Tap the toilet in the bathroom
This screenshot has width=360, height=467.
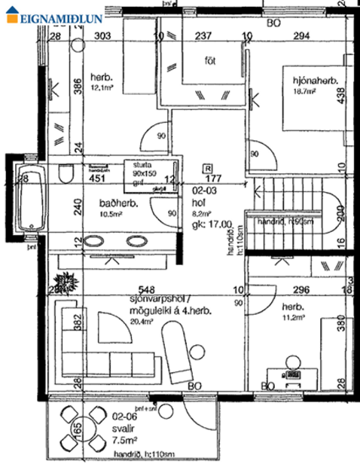(66, 175)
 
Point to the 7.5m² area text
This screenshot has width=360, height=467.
(124, 441)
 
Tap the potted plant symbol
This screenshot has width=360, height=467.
(66, 283)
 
